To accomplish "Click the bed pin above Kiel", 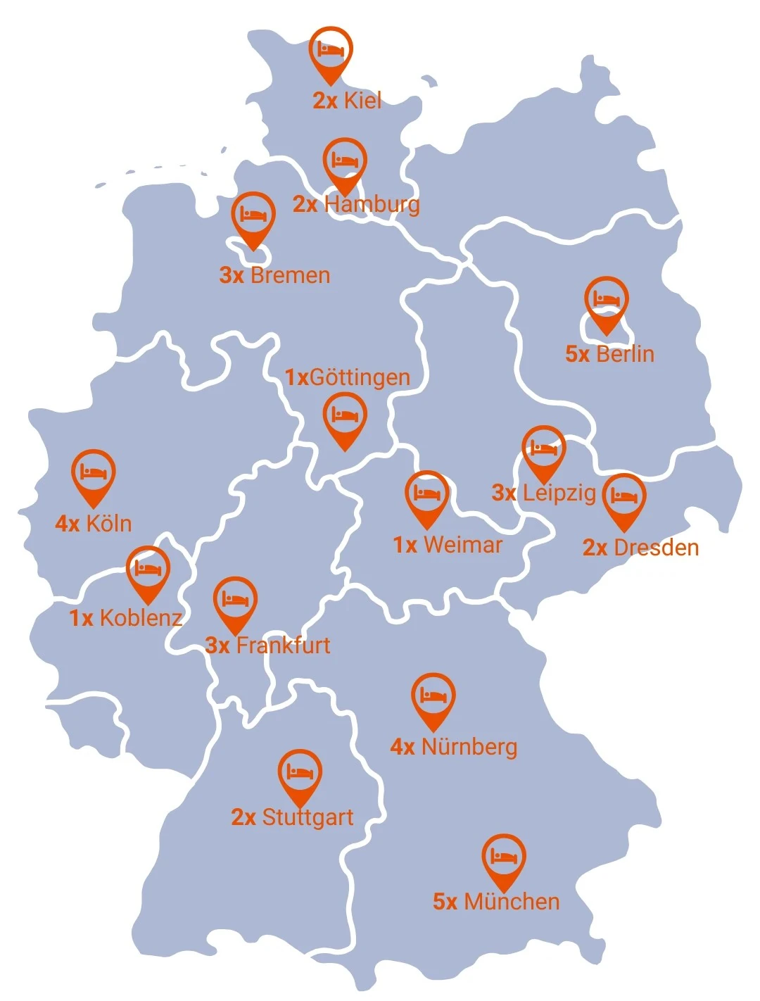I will pos(330,51).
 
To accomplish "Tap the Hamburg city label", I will pos(372,204).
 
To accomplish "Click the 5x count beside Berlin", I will pos(577,353).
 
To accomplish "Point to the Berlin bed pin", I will pos(607,301).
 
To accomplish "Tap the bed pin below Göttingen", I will pos(345,417).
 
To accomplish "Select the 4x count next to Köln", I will pos(67,524).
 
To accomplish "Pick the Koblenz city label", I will pos(141,618).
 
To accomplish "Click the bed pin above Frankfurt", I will pos(235,601).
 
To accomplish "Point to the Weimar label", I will pos(463,545).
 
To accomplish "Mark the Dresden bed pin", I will pos(623,498).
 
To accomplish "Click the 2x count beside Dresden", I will pos(595,548).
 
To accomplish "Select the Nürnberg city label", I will pos(469,747).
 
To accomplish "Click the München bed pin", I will pos(503,858).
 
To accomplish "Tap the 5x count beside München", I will pos(445,902).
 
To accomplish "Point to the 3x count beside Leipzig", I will pos(504,493).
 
